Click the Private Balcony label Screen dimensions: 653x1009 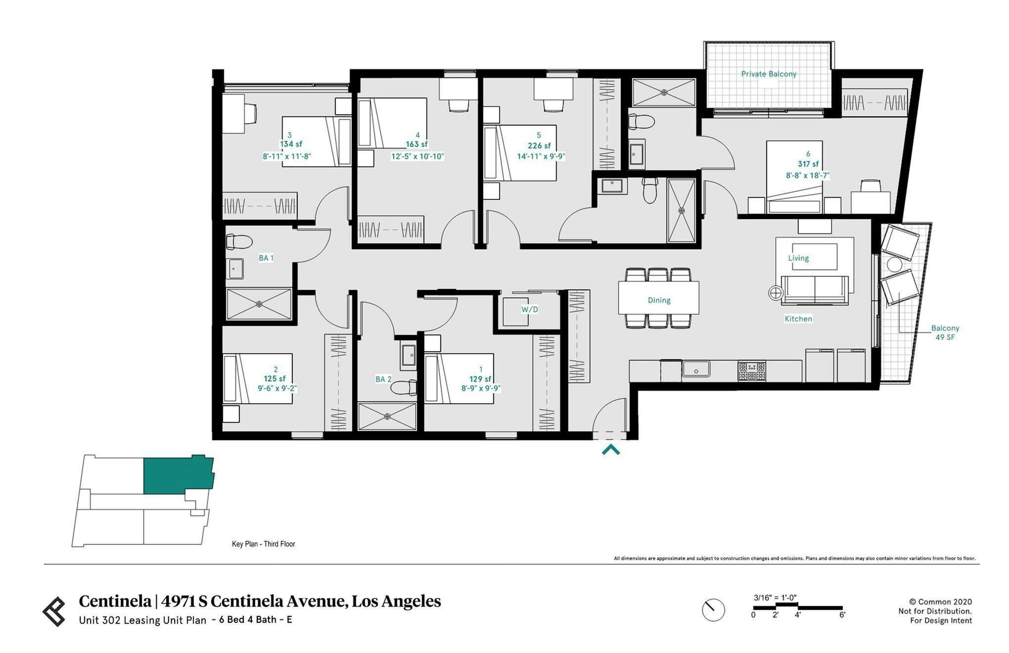tap(768, 74)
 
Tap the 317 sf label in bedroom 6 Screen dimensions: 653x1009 tap(808, 164)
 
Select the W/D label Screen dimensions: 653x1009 tap(529, 310)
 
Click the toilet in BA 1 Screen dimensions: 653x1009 tap(238, 242)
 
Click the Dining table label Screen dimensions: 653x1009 tap(659, 300)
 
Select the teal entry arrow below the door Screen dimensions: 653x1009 tap(610, 450)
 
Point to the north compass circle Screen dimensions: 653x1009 tap(713, 610)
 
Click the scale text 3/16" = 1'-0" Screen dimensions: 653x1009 tap(775, 598)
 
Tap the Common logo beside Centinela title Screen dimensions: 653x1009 tap(54, 611)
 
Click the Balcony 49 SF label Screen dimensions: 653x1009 tap(945, 332)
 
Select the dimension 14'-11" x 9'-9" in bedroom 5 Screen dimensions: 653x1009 tap(541, 156)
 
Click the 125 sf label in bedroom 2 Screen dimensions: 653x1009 tap(275, 379)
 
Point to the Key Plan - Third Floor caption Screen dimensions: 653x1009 tap(263, 544)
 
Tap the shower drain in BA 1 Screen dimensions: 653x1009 tap(259, 304)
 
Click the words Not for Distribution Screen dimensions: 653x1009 tap(935, 611)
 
